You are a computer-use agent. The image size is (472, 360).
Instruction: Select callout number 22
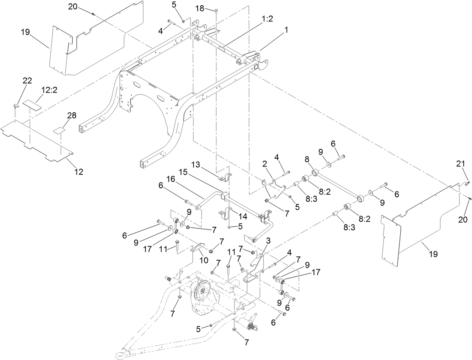click(x=27, y=80)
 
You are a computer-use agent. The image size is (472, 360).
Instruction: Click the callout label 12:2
click(x=49, y=90)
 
